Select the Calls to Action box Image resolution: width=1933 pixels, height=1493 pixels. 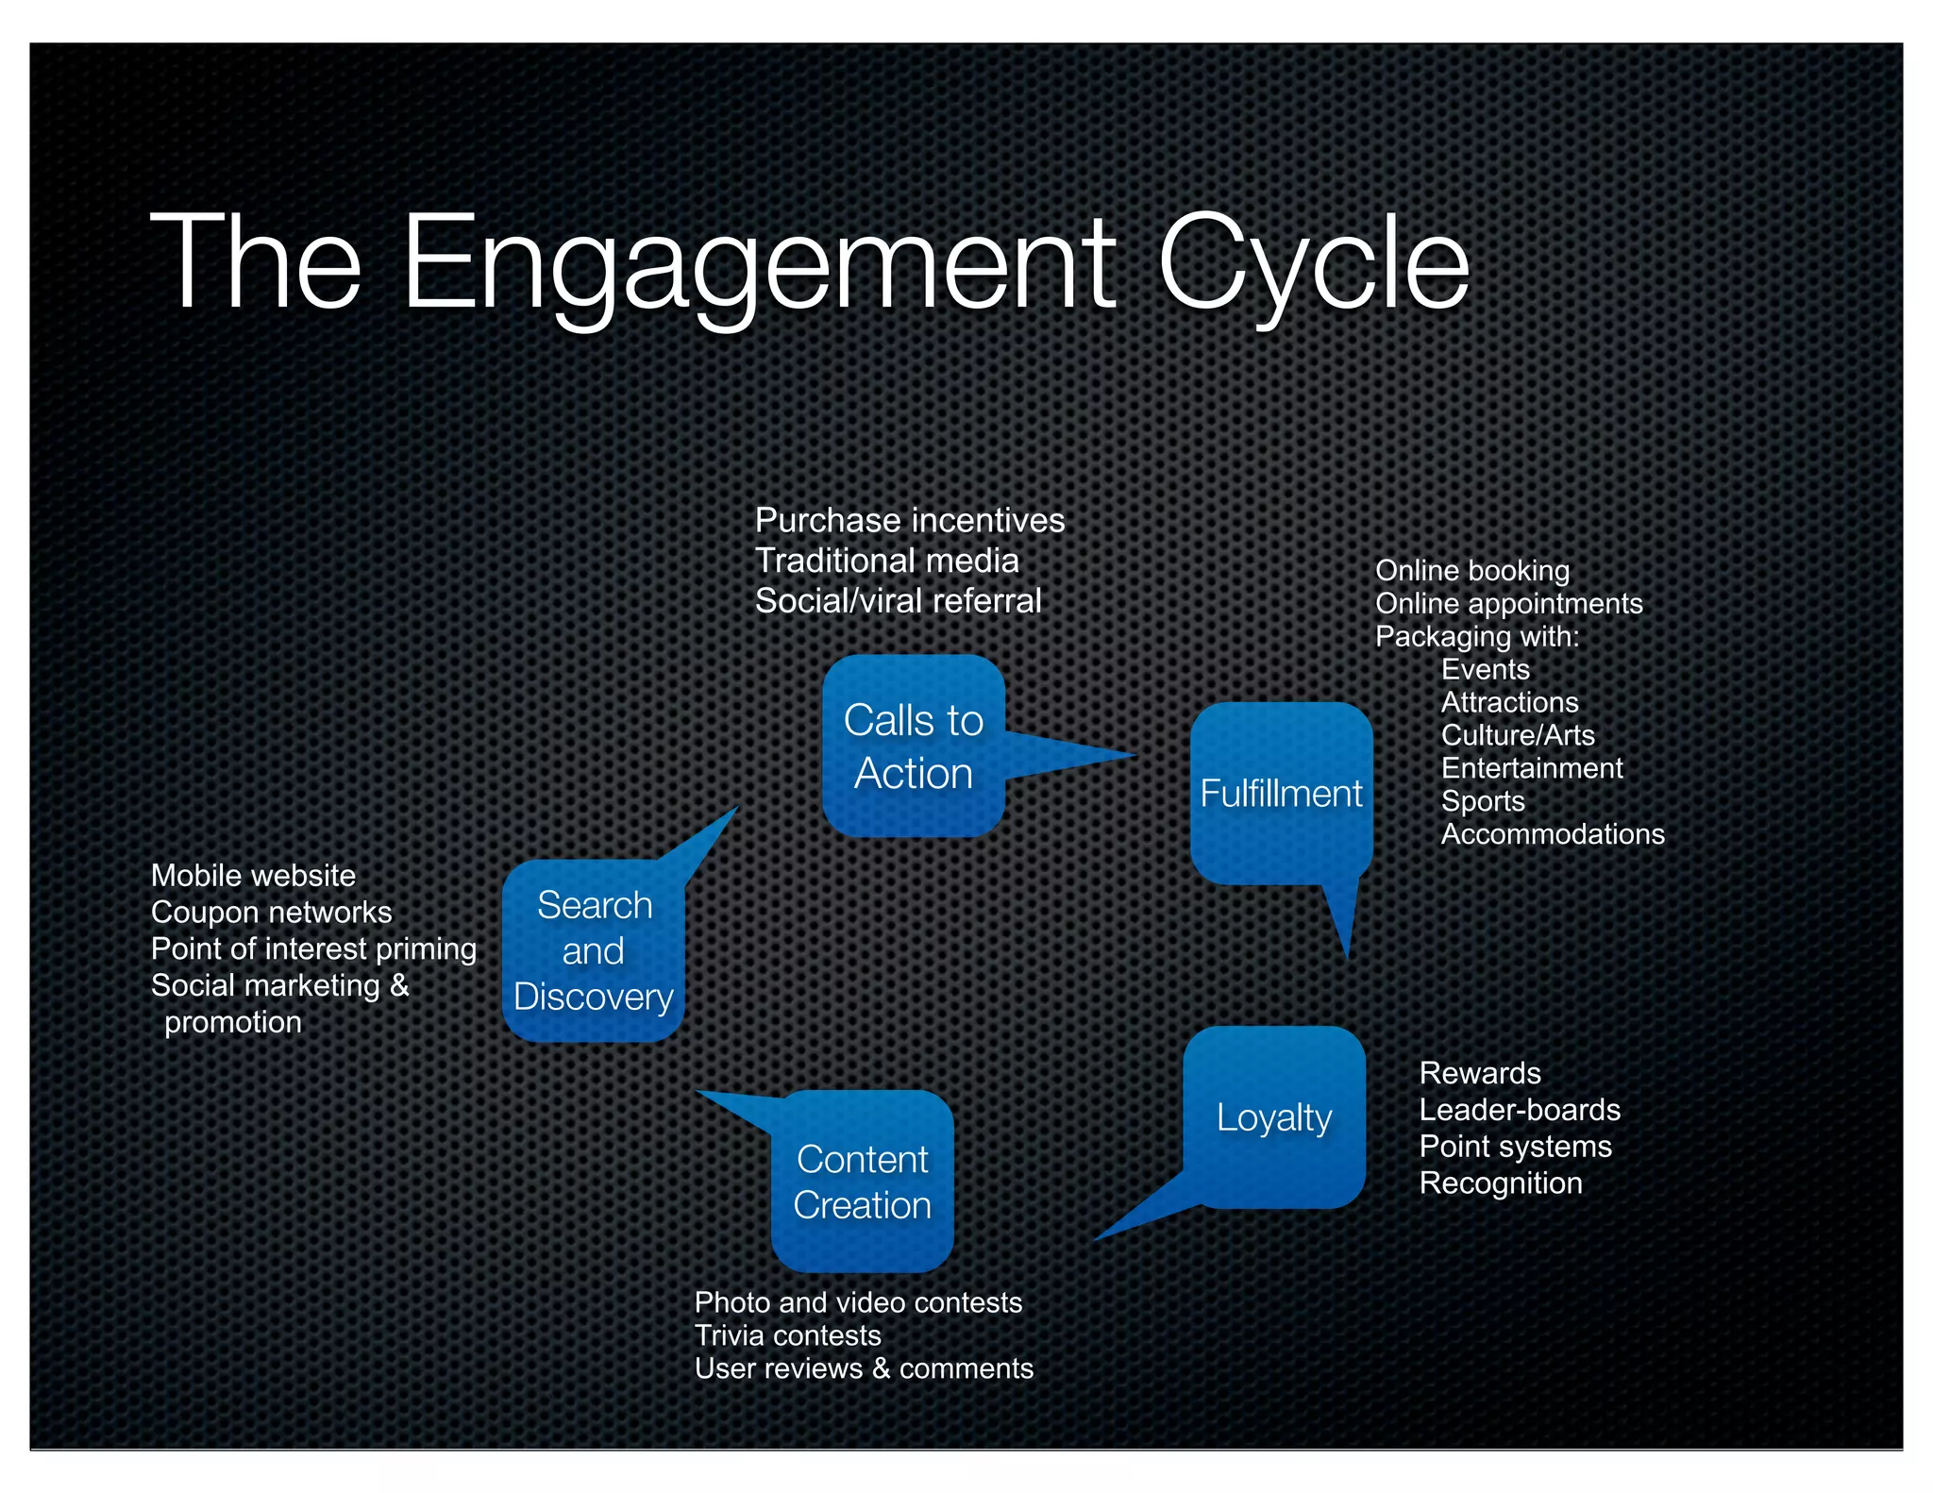click(913, 746)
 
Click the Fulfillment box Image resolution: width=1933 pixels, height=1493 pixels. click(1281, 793)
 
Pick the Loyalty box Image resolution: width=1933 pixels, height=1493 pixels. click(1274, 1117)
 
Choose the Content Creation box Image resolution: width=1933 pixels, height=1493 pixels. click(862, 1182)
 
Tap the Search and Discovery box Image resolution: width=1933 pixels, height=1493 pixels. click(593, 950)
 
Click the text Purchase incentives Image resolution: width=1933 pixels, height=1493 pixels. click(909, 520)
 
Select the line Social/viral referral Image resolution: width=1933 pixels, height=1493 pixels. click(898, 601)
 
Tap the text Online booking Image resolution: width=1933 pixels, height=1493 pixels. click(1471, 571)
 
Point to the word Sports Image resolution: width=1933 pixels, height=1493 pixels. click(1482, 801)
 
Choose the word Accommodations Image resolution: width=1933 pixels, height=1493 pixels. click(1552, 834)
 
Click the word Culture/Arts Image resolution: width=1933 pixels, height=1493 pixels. click(1517, 735)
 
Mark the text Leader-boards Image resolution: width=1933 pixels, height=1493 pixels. click(1519, 1110)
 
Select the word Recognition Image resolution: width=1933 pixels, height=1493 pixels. click(1500, 1183)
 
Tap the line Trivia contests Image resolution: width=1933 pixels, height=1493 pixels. click(787, 1335)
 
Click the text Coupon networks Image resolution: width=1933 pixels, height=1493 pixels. click(271, 913)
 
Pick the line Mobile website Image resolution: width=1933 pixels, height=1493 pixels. click(253, 876)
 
